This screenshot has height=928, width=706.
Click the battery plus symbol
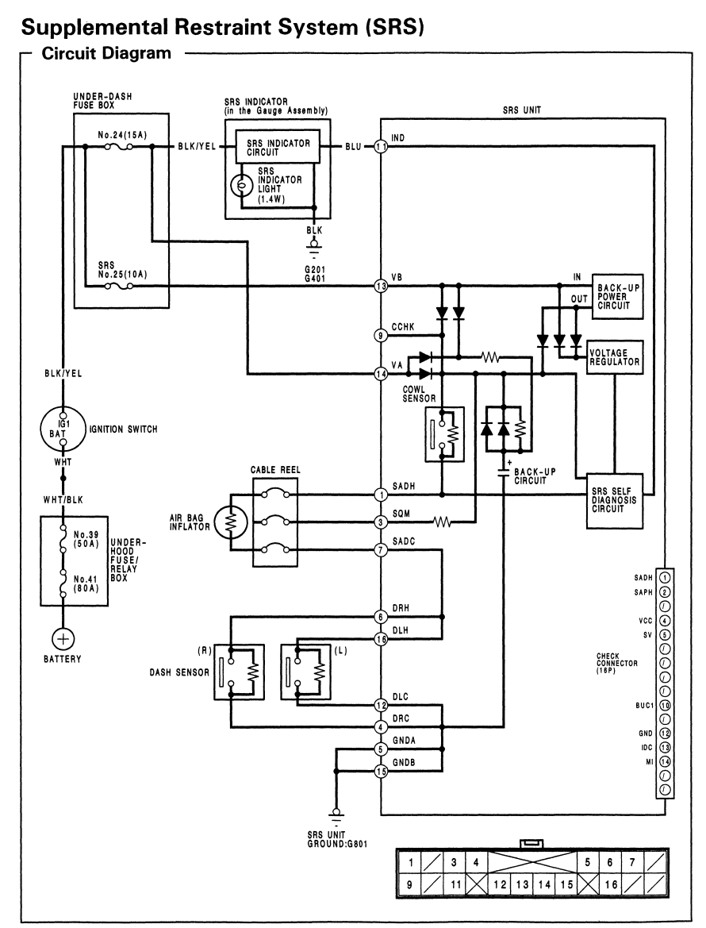click(62, 638)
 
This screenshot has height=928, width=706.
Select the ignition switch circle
click(62, 428)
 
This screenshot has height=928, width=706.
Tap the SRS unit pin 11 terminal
click(381, 146)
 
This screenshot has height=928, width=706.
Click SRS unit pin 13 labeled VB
click(381, 285)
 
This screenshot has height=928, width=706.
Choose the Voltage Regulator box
click(613, 356)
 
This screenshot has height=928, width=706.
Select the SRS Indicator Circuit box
click(278, 146)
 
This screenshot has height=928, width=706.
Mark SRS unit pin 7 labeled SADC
click(381, 550)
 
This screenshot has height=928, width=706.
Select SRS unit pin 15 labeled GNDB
click(381, 771)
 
